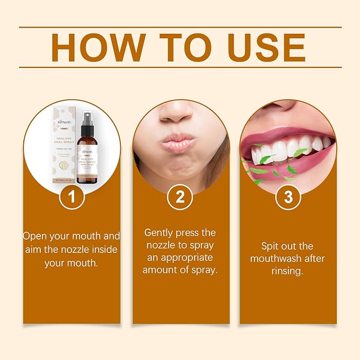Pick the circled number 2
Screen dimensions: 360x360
(x=180, y=198)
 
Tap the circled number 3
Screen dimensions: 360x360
(x=288, y=198)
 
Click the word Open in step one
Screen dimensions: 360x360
(x=37, y=236)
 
